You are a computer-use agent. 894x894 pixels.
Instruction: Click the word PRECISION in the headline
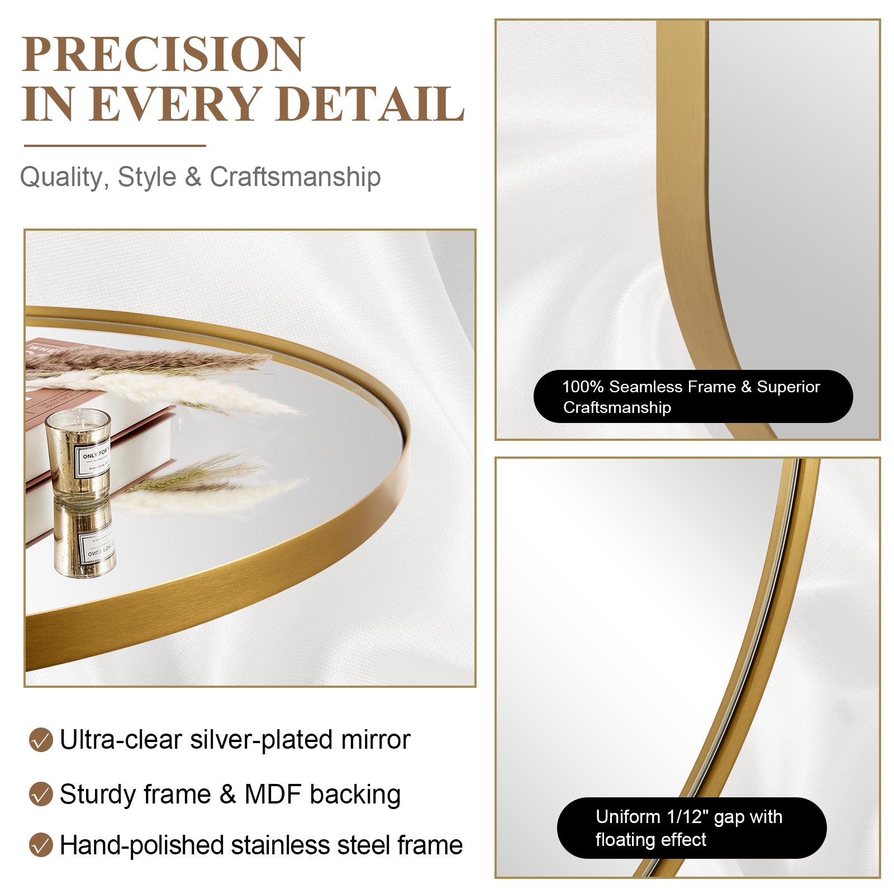(163, 54)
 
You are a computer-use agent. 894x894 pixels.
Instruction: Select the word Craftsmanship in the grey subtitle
(295, 177)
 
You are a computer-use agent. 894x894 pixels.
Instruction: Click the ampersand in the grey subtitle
(193, 177)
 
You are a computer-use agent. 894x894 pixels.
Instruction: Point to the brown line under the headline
(115, 146)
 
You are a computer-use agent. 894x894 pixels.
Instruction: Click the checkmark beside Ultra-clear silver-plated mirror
(41, 740)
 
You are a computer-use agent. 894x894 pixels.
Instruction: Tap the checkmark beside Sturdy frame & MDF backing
(41, 794)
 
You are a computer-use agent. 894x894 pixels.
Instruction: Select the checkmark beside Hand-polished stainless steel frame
(41, 845)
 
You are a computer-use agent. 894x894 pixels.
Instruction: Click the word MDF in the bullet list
(273, 794)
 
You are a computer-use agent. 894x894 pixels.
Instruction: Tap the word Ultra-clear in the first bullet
(121, 740)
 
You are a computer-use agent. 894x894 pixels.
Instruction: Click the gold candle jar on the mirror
(78, 453)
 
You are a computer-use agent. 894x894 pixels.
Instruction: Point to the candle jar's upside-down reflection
(85, 539)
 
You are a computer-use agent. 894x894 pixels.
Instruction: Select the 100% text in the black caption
(582, 387)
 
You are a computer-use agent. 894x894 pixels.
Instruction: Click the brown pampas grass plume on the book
(145, 360)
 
